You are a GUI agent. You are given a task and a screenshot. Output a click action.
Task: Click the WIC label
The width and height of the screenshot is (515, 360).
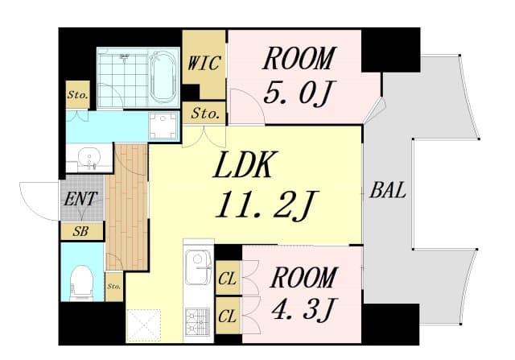pos(204,63)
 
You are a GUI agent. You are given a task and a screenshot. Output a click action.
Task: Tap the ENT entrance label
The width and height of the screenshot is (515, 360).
pos(81,199)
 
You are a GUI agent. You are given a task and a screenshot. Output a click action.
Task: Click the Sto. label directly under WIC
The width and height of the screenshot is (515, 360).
pos(204,114)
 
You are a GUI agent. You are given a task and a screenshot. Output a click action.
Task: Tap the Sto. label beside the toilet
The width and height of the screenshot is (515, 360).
pos(113,286)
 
